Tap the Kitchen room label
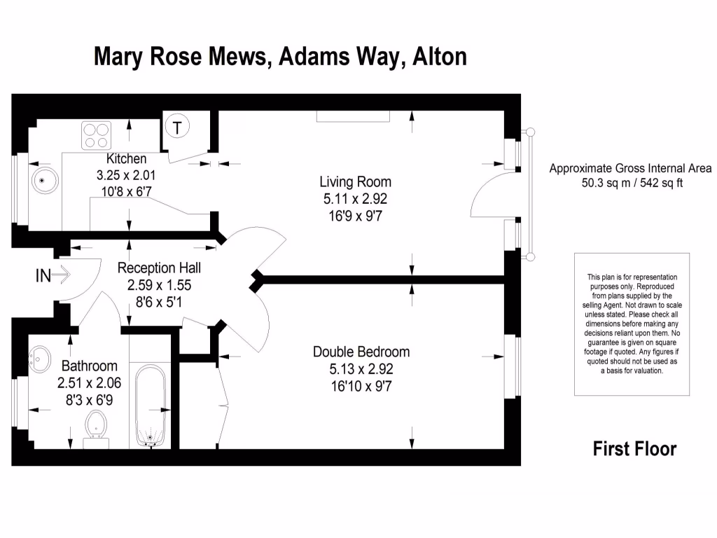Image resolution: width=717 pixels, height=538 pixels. coord(126,159)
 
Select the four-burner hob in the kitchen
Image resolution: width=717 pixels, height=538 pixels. coord(97,134)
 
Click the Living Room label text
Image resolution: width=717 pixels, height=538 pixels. coord(355,183)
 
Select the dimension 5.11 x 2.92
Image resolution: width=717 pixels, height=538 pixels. coord(355,200)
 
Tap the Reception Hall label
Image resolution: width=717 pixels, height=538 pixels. coord(159,268)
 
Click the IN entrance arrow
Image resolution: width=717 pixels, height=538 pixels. coord(53,276)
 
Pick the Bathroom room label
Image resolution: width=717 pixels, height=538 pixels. coord(89,366)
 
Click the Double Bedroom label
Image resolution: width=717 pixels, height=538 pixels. coord(361,352)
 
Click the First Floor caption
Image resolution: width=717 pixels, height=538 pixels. coord(634,448)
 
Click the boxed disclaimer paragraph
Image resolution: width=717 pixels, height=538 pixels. coord(632,324)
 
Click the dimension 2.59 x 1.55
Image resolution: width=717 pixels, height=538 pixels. coord(159,285)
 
